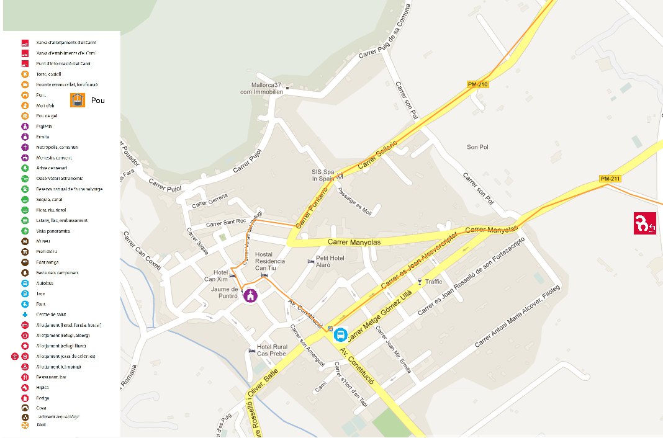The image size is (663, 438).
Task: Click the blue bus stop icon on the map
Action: click(340, 335)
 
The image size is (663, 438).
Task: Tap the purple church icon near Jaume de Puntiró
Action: click(250, 296)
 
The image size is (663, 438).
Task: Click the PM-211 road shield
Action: click(610, 179)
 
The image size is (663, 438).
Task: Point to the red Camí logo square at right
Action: click(644, 223)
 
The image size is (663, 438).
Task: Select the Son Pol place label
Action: click(477, 147)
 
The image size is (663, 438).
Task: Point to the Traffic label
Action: click(433, 282)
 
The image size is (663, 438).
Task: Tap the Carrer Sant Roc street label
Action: click(227, 222)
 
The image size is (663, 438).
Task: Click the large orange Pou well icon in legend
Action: click(78, 101)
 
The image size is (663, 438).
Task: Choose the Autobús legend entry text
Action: click(45, 283)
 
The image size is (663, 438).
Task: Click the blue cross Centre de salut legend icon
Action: click(25, 315)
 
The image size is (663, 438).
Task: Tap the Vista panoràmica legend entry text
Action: click(53, 231)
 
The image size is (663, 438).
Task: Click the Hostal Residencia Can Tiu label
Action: click(270, 261)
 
